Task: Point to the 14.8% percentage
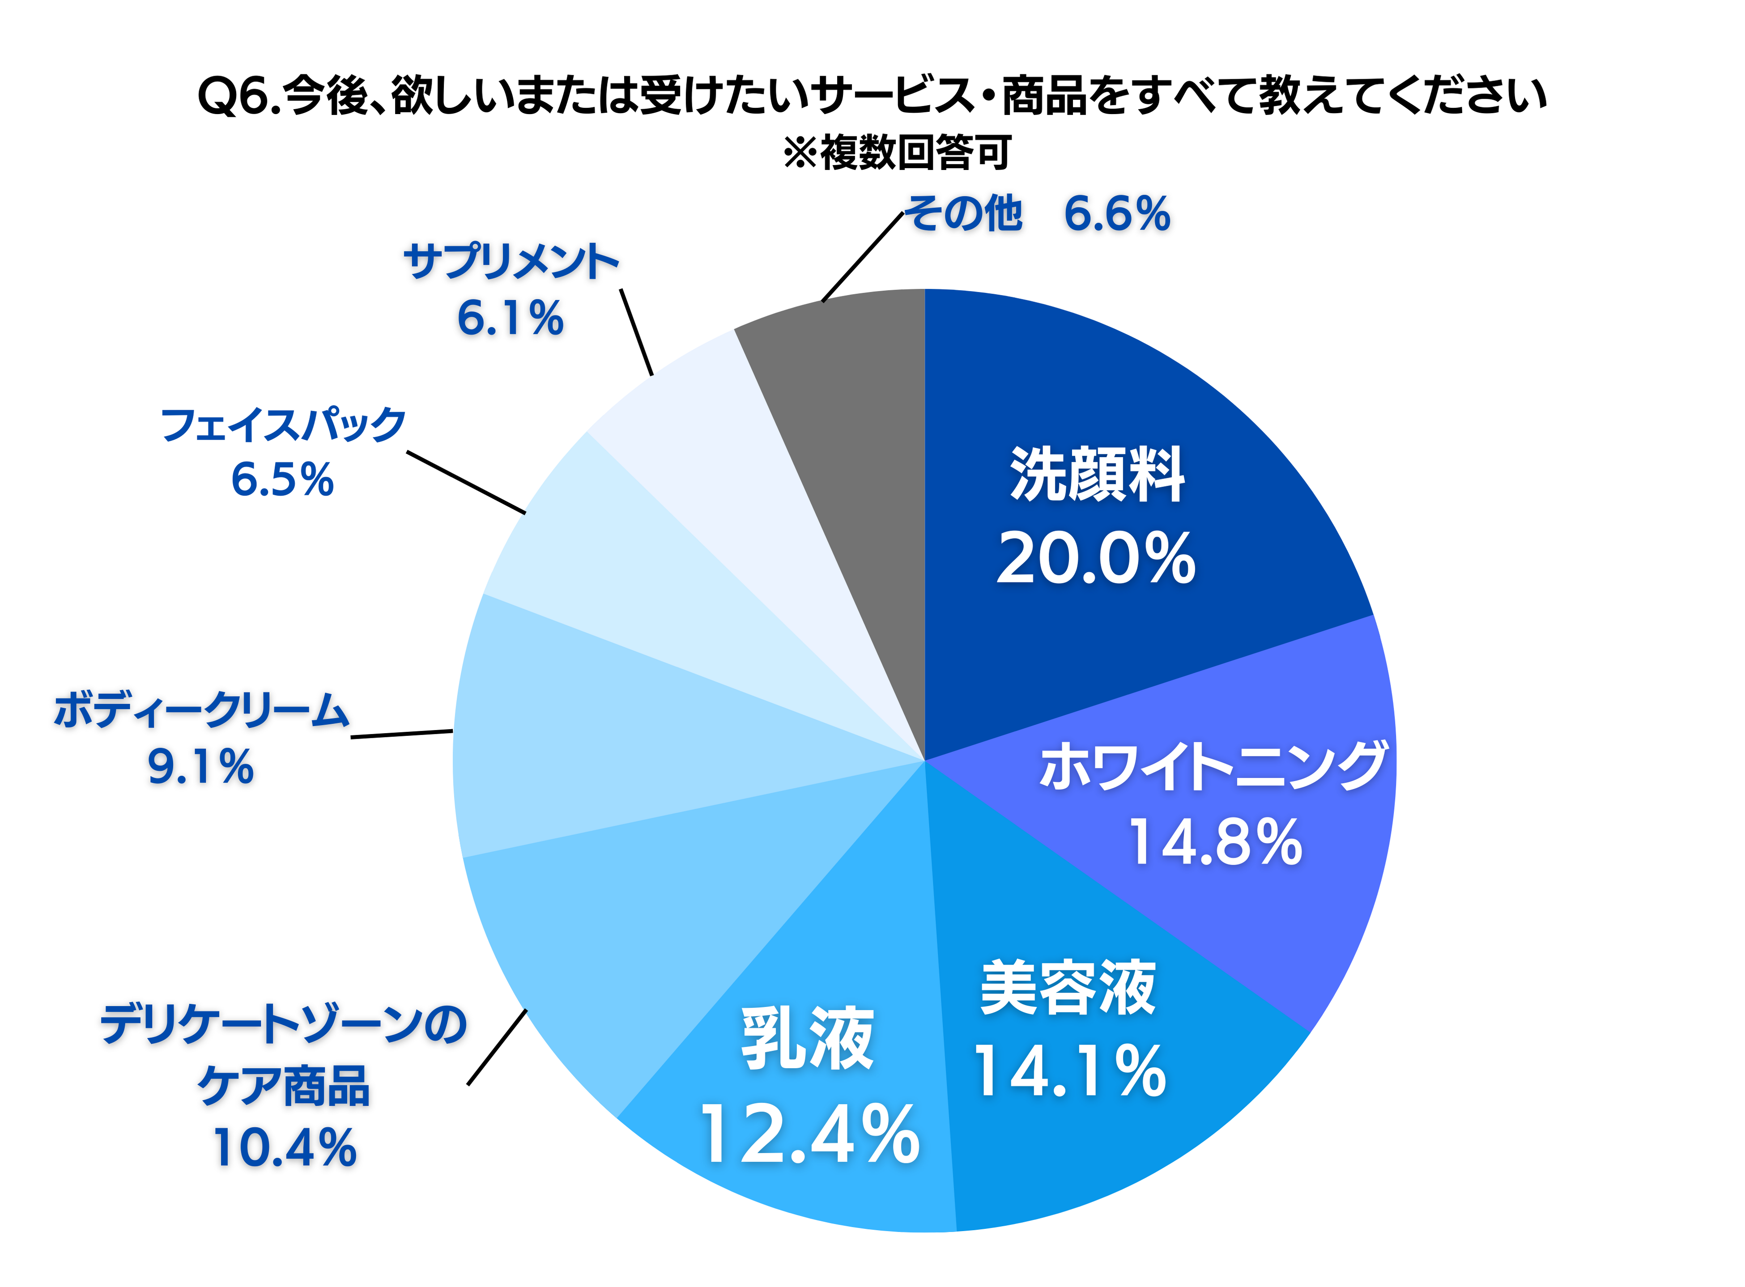(1215, 843)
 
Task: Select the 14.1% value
(1069, 1073)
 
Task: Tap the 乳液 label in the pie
(808, 1038)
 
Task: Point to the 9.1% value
(201, 767)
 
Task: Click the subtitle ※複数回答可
(898, 153)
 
